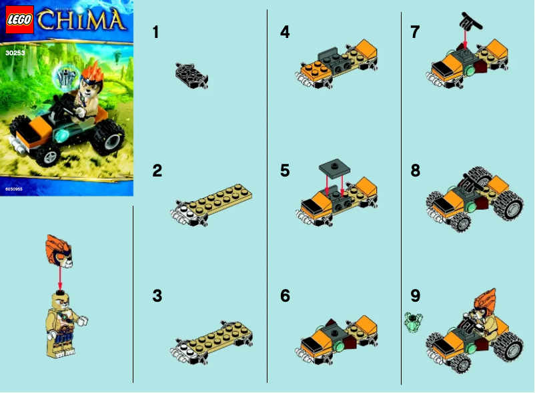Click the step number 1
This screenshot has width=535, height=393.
coord(156,32)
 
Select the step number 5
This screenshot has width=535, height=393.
coord(286,171)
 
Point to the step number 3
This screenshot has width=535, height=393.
coord(157,296)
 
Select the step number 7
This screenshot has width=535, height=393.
coord(416,32)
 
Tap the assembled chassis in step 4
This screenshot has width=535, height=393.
coord(337,64)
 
